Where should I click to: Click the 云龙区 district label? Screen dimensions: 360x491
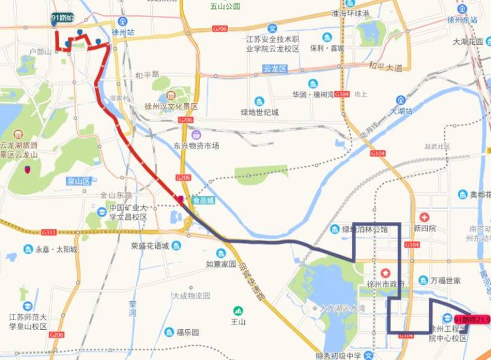pos(274,69)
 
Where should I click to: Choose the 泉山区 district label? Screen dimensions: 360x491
pos(79,181)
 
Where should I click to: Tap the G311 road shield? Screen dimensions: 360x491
pos(49,232)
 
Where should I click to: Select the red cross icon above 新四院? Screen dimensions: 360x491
pos(424,217)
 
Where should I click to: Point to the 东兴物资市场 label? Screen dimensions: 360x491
pos(196,146)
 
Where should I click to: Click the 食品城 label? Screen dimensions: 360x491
pos(203,200)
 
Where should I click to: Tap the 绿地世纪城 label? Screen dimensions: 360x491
pos(259,112)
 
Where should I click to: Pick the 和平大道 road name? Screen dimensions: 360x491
pos(385,66)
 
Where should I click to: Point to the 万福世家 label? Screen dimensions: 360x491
pos(446,280)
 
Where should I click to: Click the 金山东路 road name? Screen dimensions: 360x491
pos(116,195)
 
